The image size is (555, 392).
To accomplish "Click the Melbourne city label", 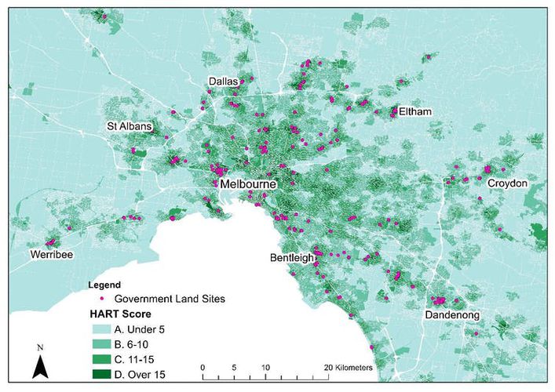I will pyautogui.click(x=249, y=184).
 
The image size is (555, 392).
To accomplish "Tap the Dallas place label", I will pyautogui.click(x=225, y=82).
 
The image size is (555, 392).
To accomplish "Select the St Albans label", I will pyautogui.click(x=130, y=126).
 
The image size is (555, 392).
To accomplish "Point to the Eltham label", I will pyautogui.click(x=415, y=112).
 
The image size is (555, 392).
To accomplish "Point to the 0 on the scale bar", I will pyautogui.click(x=203, y=367).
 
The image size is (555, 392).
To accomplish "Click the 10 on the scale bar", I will pyautogui.click(x=265, y=367).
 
